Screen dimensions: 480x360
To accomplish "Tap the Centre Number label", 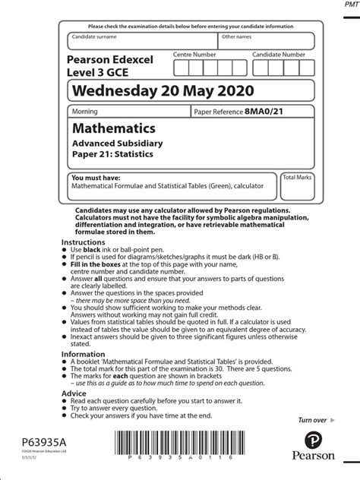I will pos(194,55).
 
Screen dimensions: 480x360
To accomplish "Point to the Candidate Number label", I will pos(279,55).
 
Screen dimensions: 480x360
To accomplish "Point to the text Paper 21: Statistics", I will pos(112,154).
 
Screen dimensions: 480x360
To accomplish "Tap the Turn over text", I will pos(312,420).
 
